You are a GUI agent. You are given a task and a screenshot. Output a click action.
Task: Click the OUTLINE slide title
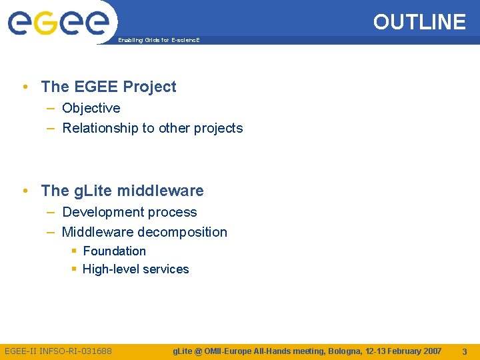(419, 22)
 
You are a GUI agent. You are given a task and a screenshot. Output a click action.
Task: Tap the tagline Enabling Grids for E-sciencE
(159, 41)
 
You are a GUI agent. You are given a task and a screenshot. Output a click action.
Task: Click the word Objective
(91, 108)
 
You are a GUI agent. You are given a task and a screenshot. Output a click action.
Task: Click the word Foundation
(114, 251)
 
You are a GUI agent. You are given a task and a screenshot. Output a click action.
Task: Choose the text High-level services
(135, 269)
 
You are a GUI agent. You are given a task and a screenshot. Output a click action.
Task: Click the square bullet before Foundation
(74, 251)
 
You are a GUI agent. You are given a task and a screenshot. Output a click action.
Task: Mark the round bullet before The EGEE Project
(25, 87)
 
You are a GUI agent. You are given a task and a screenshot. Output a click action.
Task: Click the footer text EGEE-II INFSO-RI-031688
(58, 351)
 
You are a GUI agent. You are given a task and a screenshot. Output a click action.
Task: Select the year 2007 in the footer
(429, 351)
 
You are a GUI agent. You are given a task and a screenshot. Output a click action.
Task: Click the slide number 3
(464, 351)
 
